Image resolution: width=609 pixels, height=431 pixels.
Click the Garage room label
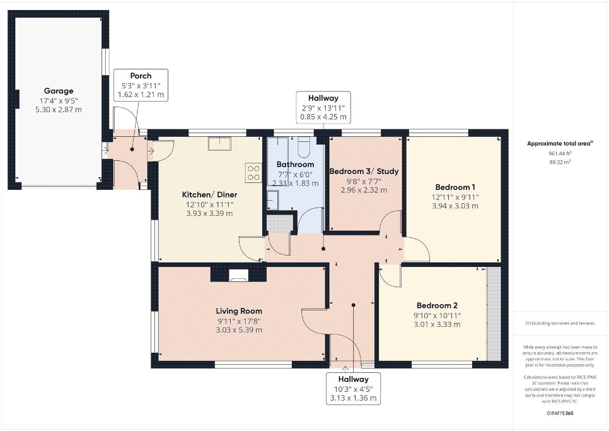(59, 91)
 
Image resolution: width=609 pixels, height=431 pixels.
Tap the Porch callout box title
(141, 76)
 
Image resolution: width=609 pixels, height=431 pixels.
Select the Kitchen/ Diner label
(209, 195)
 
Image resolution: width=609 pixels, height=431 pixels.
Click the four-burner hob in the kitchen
(253, 172)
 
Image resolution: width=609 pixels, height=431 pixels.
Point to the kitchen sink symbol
(220, 143)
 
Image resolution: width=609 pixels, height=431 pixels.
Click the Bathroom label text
(295, 165)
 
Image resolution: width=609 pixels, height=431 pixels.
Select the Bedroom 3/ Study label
(364, 172)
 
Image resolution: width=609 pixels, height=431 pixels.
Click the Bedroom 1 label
(455, 187)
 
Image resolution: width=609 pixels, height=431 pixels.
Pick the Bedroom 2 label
(437, 305)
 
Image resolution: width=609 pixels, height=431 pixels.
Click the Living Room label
(239, 311)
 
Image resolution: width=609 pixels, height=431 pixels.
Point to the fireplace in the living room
(238, 274)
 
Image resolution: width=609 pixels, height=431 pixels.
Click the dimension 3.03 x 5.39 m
(239, 330)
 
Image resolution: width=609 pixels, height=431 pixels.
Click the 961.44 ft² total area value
(560, 153)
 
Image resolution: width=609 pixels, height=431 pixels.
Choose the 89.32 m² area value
(560, 162)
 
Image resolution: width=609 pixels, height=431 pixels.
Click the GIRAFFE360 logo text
(560, 413)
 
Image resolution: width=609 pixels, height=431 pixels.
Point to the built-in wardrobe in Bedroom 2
(494, 314)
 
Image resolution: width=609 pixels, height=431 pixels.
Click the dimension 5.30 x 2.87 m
(59, 110)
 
